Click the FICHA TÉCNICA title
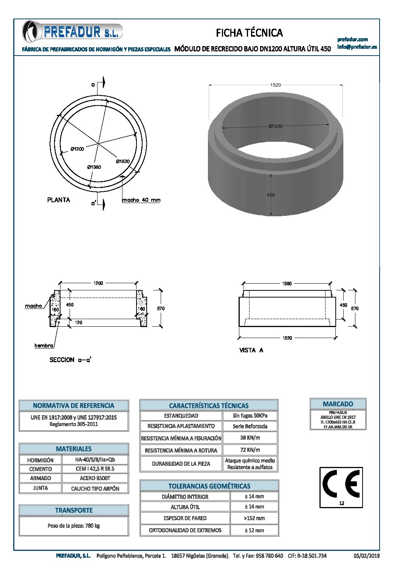249,33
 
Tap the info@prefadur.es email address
357,47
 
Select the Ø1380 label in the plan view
94,167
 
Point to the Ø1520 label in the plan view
123,161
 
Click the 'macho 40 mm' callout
141,200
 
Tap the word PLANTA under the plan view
59,200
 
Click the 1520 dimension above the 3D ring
275,85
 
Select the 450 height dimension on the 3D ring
271,195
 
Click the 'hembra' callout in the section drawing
44,346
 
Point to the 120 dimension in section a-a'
79,323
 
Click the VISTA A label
251,350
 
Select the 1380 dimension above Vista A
287,283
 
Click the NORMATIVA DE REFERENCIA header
74,406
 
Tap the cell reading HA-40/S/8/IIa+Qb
95,460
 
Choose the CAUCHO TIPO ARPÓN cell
95,488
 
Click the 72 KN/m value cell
250,450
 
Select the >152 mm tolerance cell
254,518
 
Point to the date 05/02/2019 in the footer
366,556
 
